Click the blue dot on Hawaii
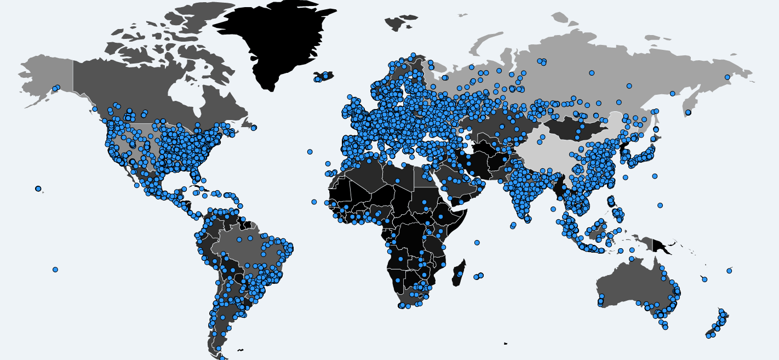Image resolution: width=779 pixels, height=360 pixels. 38,188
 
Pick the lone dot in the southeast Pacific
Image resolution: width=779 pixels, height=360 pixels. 55,270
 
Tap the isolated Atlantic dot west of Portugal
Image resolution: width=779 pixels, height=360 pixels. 310,152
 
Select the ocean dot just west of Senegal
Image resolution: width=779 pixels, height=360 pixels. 314,202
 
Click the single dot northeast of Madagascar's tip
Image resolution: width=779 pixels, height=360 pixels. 477,242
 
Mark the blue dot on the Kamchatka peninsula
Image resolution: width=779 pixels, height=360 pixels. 688,112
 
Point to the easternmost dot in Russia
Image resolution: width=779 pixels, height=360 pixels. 728,77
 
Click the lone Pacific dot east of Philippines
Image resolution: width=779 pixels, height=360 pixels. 660,205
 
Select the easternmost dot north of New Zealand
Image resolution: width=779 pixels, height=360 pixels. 729,271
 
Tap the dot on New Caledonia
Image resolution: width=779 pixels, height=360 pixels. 704,279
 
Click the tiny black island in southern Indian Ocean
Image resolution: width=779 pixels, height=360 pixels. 505,344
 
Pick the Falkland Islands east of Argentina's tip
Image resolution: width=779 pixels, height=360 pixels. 240,350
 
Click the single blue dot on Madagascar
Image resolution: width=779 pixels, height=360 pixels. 460,273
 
